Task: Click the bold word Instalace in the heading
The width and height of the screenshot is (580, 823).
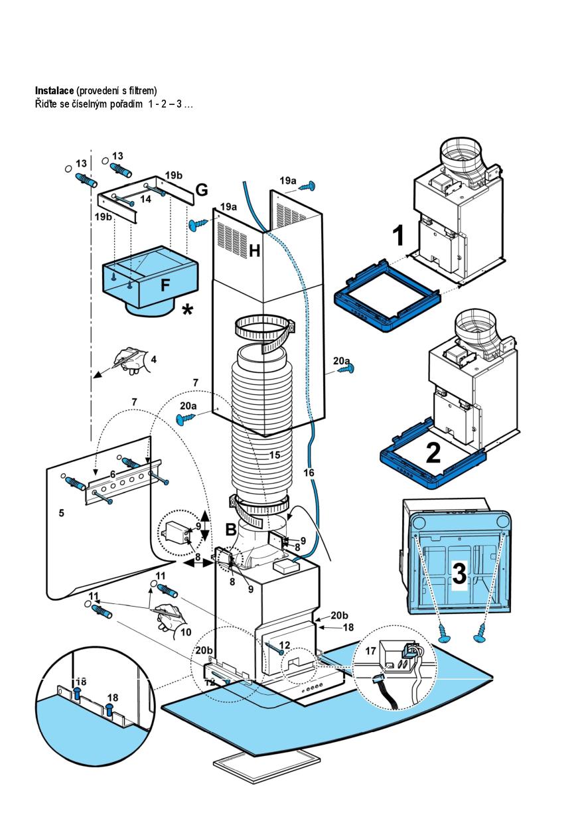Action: (54, 90)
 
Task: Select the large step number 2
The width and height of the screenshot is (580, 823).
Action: (433, 453)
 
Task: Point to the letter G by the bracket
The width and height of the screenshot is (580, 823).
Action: (201, 190)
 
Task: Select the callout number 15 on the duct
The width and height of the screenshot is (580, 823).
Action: (275, 456)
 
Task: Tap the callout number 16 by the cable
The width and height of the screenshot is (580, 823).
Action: (309, 473)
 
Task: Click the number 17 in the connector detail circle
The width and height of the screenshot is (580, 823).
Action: (371, 652)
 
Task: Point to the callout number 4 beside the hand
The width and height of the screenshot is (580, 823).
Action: (153, 360)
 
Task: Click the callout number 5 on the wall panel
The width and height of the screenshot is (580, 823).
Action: (61, 513)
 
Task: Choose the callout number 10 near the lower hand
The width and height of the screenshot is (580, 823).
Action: (185, 631)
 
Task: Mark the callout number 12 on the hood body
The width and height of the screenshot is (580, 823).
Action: (284, 644)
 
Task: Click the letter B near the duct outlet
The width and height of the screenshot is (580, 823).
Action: (230, 529)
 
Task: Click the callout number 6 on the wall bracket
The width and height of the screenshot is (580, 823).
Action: (112, 475)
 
